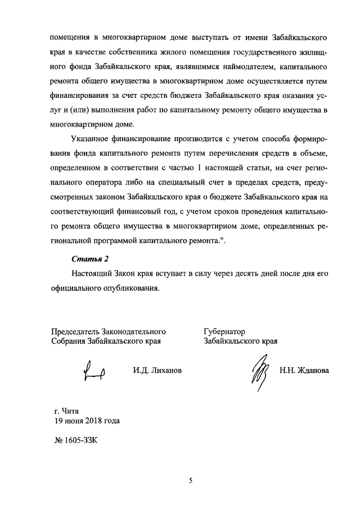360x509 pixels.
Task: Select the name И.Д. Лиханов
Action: pyautogui.click(x=157, y=371)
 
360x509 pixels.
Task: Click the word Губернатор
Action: pyautogui.click(x=224, y=331)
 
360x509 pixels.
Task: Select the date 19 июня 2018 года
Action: pyautogui.click(x=87, y=421)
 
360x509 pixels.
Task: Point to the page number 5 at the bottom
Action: pyautogui.click(x=190, y=480)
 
